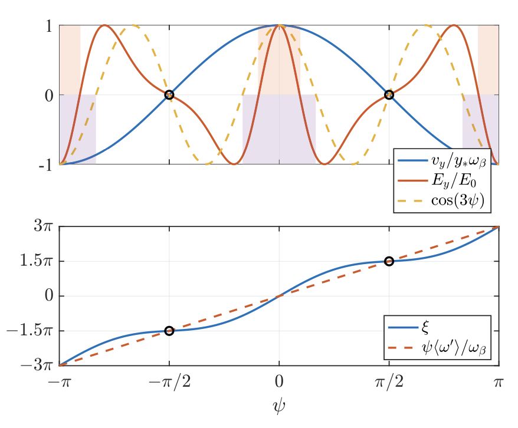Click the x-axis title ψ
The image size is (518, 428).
[x=279, y=406]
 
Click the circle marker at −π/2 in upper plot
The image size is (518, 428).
[x=169, y=95]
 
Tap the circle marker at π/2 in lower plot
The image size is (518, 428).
[x=389, y=261]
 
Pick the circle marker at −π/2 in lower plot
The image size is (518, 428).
[x=169, y=331]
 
